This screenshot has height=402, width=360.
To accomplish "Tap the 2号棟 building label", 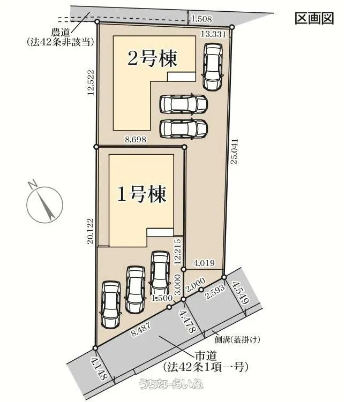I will coord(152,59).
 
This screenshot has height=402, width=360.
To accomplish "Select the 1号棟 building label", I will coord(142,194).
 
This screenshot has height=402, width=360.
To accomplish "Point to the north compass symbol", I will coord(44,202).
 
